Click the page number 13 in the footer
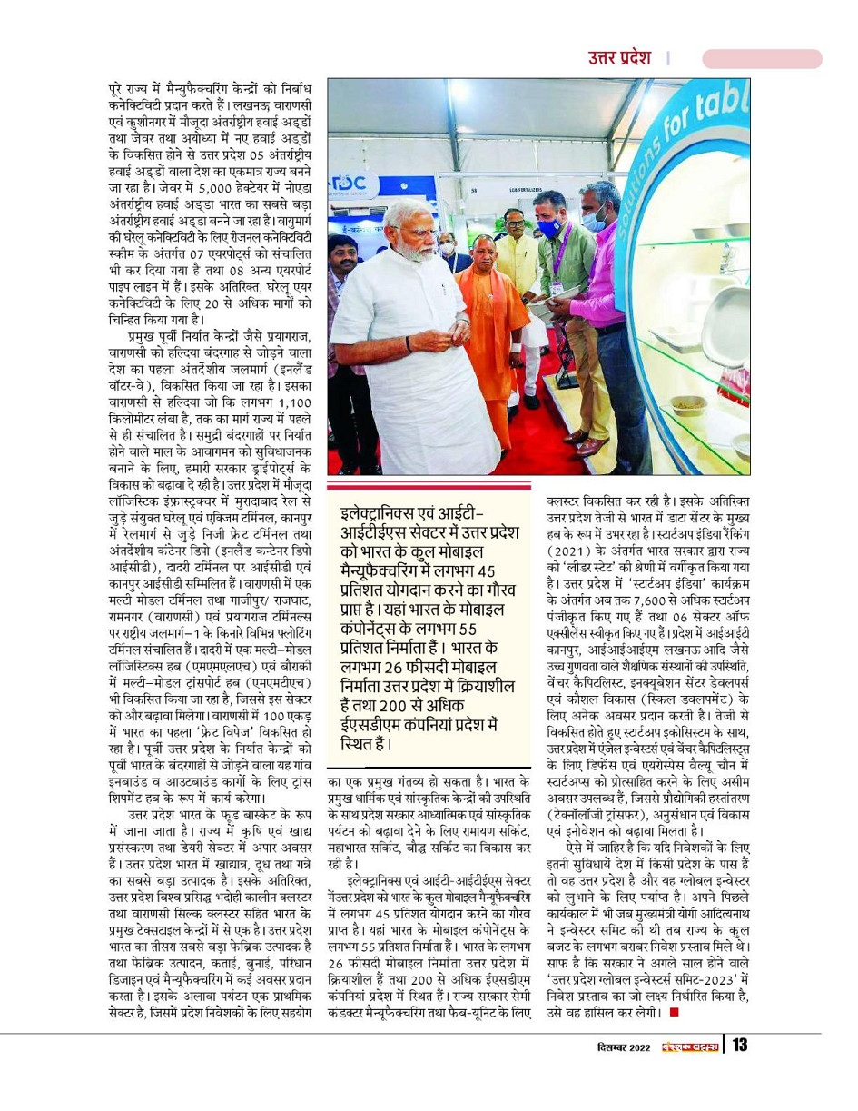coord(739,1045)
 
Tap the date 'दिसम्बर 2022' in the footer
coord(616,1046)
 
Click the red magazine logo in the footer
coord(689,1046)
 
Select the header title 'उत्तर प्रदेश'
coord(618,58)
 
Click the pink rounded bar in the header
coord(762,59)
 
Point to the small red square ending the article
coord(673,1010)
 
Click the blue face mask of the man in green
coord(548,227)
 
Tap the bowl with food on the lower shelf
coord(687,402)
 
